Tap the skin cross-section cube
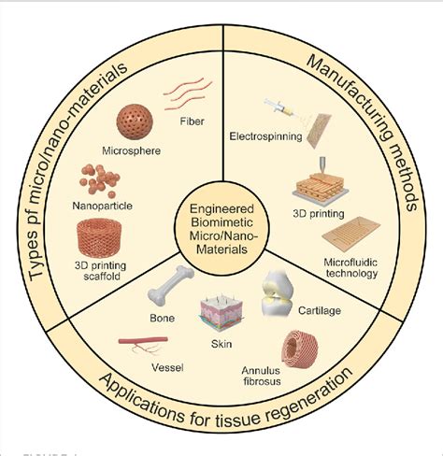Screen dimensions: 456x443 pos(220,316)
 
